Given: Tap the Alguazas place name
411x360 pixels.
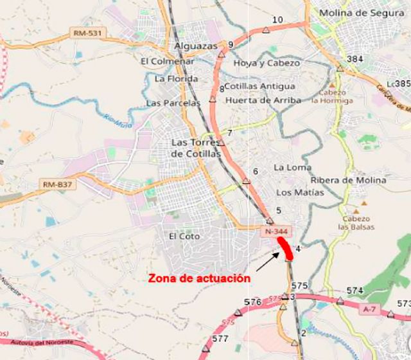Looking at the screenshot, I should [x=196, y=46].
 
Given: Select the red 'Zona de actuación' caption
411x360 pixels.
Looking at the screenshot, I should [x=198, y=279].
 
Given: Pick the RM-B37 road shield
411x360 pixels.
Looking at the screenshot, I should [x=57, y=185].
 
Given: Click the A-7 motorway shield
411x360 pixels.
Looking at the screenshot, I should [x=369, y=309].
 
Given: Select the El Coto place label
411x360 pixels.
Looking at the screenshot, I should [x=184, y=237].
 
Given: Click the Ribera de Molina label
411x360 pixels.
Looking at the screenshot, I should [x=349, y=181].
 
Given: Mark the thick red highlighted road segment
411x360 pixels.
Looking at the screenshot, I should [x=285, y=248].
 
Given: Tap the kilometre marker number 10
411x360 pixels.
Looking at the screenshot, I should [x=277, y=20].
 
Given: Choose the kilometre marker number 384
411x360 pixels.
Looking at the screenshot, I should [x=355, y=59].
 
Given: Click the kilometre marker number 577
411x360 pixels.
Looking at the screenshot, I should [x=220, y=338].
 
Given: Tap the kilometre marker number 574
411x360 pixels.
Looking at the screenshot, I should [x=354, y=291].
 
